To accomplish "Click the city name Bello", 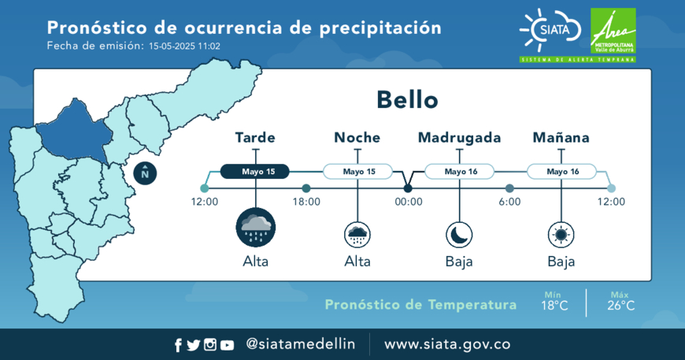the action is pyautogui.click(x=407, y=100).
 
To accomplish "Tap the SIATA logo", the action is pyautogui.click(x=551, y=30).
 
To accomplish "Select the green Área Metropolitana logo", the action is pyautogui.click(x=613, y=31).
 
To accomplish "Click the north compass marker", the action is pyautogui.click(x=145, y=173).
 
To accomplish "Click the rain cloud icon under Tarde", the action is pyautogui.click(x=256, y=228).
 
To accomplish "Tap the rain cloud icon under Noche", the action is pyautogui.click(x=357, y=235).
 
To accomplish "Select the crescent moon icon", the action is pyautogui.click(x=459, y=235).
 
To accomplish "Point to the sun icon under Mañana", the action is pyautogui.click(x=561, y=235).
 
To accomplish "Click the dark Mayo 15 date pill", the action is pyautogui.click(x=254, y=172).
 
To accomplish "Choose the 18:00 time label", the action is pyautogui.click(x=306, y=202).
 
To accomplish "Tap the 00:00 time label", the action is pyautogui.click(x=409, y=202).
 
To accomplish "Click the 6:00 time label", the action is pyautogui.click(x=510, y=202).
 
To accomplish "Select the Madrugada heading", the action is pyautogui.click(x=459, y=138).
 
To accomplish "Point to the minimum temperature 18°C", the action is pyautogui.click(x=554, y=306).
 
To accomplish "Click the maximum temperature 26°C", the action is pyautogui.click(x=620, y=306).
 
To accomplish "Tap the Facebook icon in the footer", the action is pyautogui.click(x=178, y=345).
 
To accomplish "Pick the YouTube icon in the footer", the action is pyautogui.click(x=227, y=345).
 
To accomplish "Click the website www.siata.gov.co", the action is pyautogui.click(x=447, y=344).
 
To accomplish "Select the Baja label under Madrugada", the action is pyautogui.click(x=459, y=262).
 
